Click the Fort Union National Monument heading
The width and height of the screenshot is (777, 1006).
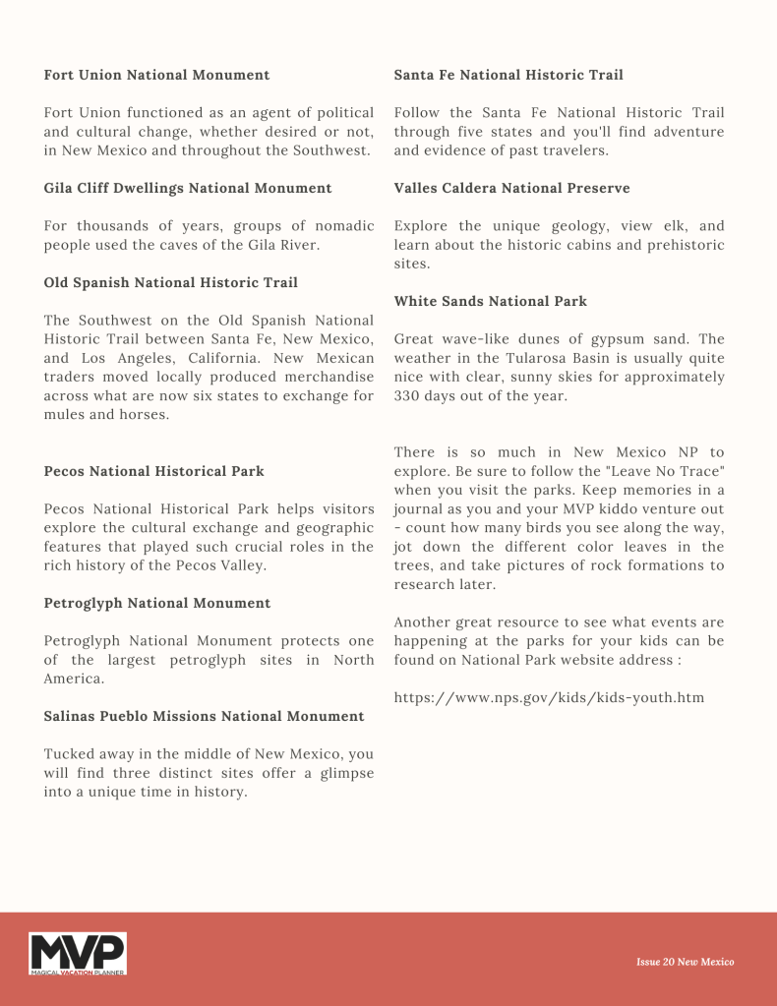pos(156,75)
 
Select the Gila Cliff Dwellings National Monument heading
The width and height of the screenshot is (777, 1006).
pos(188,188)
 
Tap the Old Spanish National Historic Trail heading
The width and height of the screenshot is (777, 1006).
pos(170,283)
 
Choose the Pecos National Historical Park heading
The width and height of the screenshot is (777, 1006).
pos(153,471)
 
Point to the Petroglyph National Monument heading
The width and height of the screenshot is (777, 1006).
pos(157,603)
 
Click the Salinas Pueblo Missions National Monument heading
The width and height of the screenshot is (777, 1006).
pos(204,716)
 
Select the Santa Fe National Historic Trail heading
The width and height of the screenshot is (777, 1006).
pos(508,75)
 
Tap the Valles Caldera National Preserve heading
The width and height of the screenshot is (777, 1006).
pos(511,188)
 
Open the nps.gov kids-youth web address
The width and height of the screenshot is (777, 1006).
pos(549,698)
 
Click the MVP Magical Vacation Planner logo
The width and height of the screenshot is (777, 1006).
pos(78,954)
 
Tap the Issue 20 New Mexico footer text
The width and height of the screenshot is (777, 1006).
pos(685,962)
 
